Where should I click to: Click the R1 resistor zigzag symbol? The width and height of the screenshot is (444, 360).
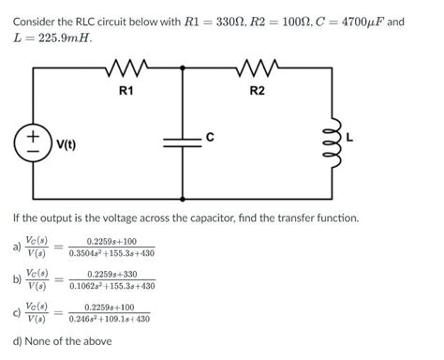[x=125, y=68]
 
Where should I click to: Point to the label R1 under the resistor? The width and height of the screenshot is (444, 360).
[x=126, y=90]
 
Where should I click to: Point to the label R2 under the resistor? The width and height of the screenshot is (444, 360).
[x=257, y=90]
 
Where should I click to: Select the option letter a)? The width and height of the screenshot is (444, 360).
[x=17, y=247]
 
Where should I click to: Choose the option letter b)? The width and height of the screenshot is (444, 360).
[x=17, y=279]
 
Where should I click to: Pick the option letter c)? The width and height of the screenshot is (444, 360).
[x=17, y=312]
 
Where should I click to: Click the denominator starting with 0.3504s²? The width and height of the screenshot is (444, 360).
[x=111, y=253]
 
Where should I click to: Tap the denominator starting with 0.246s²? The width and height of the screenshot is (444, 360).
[x=111, y=319]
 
